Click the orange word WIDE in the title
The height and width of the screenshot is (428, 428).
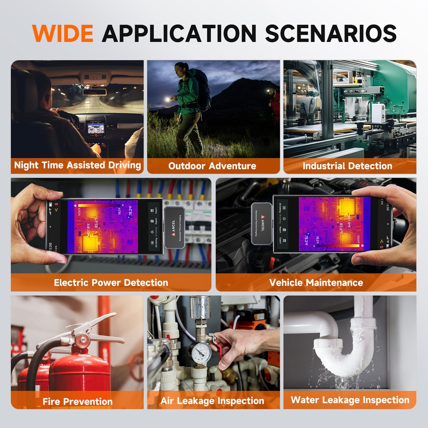pos(62,33)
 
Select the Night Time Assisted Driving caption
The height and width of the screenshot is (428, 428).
pos(77,165)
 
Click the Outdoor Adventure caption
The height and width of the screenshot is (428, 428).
pos(212,166)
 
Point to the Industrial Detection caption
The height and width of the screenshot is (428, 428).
pos(348,166)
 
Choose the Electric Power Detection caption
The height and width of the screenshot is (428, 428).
pos(111,282)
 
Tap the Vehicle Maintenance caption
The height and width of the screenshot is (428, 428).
pos(316,282)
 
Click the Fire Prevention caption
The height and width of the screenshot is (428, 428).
pos(77,401)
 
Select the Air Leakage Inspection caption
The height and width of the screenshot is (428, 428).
pos(212,401)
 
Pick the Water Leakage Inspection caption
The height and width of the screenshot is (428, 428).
pos(350,400)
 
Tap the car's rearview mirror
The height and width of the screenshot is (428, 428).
pos(95,92)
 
